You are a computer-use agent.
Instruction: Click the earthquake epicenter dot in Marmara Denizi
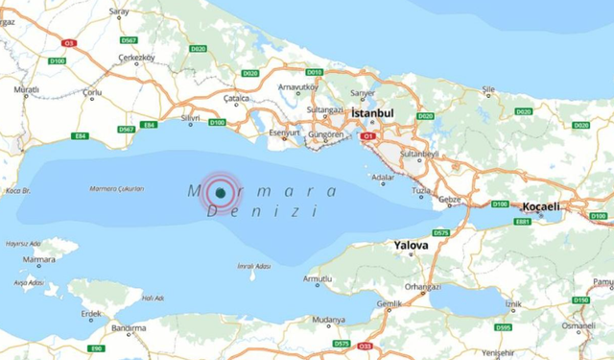tap(221, 193)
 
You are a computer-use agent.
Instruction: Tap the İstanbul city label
tap(373, 113)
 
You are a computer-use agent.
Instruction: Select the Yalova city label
tap(412, 246)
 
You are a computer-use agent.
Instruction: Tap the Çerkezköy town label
tap(135, 58)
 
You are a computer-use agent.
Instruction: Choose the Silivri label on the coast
tap(191, 119)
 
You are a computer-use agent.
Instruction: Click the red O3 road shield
tap(68, 43)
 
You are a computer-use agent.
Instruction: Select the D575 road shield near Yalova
tap(440, 232)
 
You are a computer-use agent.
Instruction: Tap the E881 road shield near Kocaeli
tap(522, 222)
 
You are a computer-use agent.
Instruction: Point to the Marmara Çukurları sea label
tap(116, 188)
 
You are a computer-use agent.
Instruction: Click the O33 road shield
tap(365, 346)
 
